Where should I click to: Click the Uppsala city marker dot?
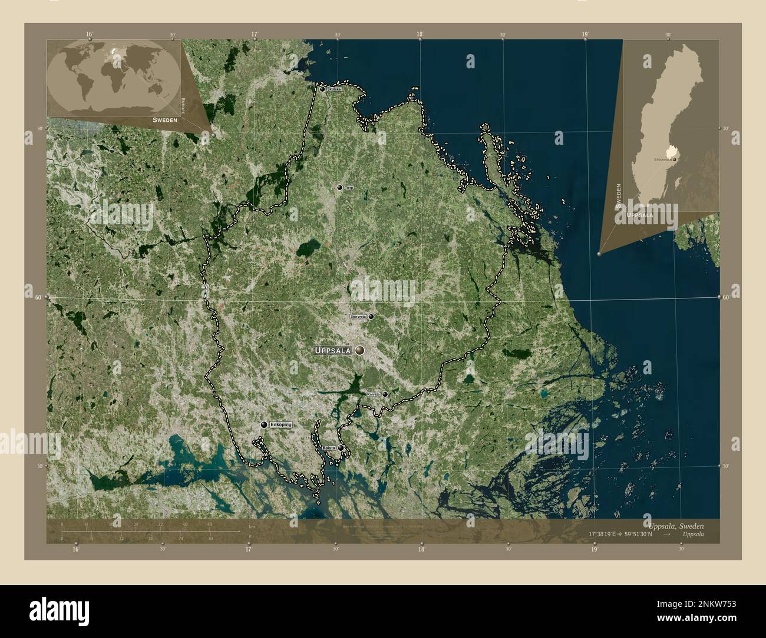pyautogui.click(x=359, y=350)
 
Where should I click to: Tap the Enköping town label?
pyautogui.click(x=280, y=424)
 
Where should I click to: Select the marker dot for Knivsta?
pyautogui.click(x=385, y=394)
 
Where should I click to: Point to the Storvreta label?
pyautogui.click(x=358, y=317)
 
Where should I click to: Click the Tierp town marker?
pyautogui.click(x=339, y=187)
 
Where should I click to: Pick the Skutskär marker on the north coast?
pyautogui.click(x=322, y=89)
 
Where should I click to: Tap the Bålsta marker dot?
pyautogui.click(x=341, y=448)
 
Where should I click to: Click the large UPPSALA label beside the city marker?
pyautogui.click(x=333, y=351)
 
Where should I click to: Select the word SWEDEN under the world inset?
pyautogui.click(x=164, y=119)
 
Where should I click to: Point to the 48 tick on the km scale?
pyautogui.click(x=209, y=524)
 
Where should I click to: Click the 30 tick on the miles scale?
pyautogui.click(x=210, y=539)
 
